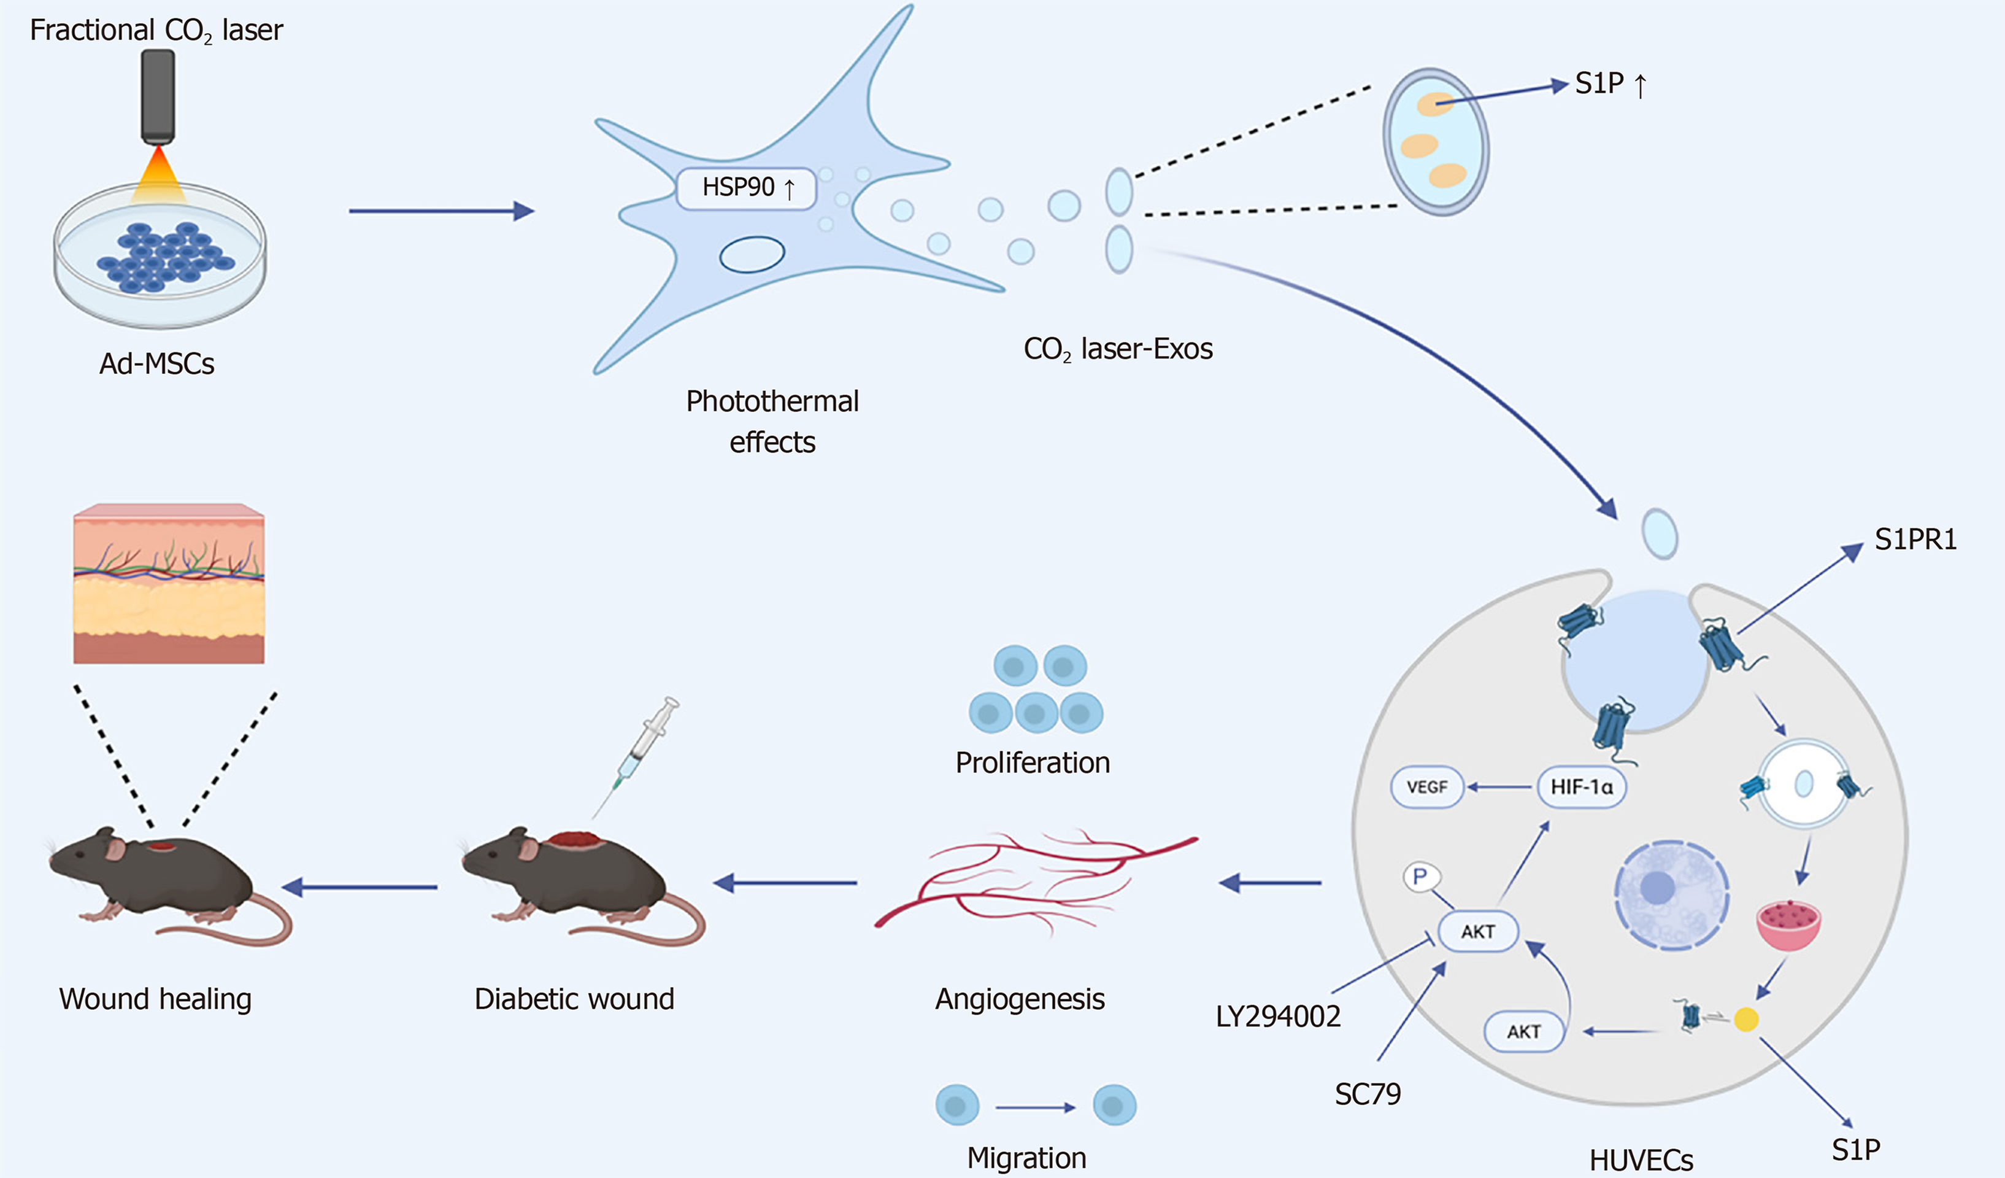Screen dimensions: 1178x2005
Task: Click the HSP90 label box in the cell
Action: pyautogui.click(x=745, y=188)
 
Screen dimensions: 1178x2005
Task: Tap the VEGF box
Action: pyautogui.click(x=1426, y=787)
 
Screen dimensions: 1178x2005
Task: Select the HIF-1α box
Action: pyautogui.click(x=1581, y=787)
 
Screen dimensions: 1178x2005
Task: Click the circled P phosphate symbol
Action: pyautogui.click(x=1420, y=877)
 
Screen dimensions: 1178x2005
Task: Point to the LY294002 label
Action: pyautogui.click(x=1278, y=1017)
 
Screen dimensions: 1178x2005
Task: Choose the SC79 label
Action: pyautogui.click(x=1367, y=1095)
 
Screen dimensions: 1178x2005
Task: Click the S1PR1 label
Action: pyautogui.click(x=1915, y=540)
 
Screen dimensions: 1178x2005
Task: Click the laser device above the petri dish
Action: pyautogui.click(x=158, y=96)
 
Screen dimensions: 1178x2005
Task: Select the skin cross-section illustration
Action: pyautogui.click(x=169, y=583)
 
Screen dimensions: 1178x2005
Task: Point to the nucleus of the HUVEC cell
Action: pyautogui.click(x=1671, y=894)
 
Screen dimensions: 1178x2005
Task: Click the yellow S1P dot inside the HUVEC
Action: pyautogui.click(x=1745, y=1020)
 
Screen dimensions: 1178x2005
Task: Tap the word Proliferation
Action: pyautogui.click(x=1032, y=762)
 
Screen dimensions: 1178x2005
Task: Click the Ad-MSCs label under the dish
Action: pyautogui.click(x=156, y=364)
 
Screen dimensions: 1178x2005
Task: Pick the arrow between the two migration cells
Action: pyautogui.click(x=1035, y=1107)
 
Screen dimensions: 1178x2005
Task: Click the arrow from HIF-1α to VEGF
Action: pyautogui.click(x=1500, y=787)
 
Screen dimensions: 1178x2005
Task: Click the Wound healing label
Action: pyautogui.click(x=155, y=999)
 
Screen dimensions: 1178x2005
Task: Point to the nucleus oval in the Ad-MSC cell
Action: pyautogui.click(x=752, y=255)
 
